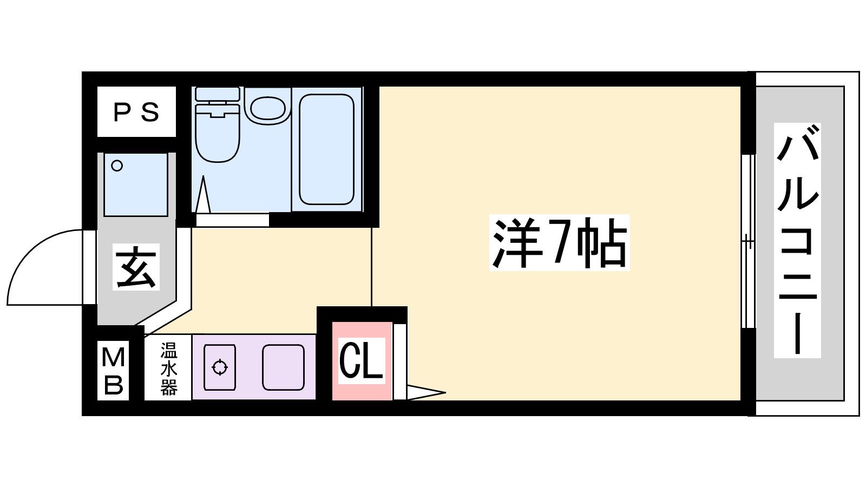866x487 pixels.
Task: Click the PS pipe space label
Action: [x=136, y=113]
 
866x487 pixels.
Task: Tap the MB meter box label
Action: [x=113, y=371]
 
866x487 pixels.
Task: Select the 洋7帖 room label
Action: [x=560, y=243]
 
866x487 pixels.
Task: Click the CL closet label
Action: [x=362, y=360]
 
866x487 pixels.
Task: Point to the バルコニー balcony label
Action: [x=798, y=240]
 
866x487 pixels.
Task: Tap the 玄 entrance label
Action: [x=136, y=267]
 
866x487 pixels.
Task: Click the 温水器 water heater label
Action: [x=169, y=369]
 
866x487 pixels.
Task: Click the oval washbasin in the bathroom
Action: [x=268, y=108]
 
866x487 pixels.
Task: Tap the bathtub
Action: [x=327, y=149]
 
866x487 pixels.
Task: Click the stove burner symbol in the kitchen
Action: [x=220, y=367]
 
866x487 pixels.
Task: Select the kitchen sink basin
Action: [x=284, y=367]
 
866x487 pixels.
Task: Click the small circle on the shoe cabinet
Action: [x=117, y=166]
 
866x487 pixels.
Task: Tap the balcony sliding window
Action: [x=748, y=241]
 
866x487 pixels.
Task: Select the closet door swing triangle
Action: [x=426, y=392]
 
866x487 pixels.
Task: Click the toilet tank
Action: [x=218, y=94]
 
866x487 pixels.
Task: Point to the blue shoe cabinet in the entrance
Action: [x=136, y=185]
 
